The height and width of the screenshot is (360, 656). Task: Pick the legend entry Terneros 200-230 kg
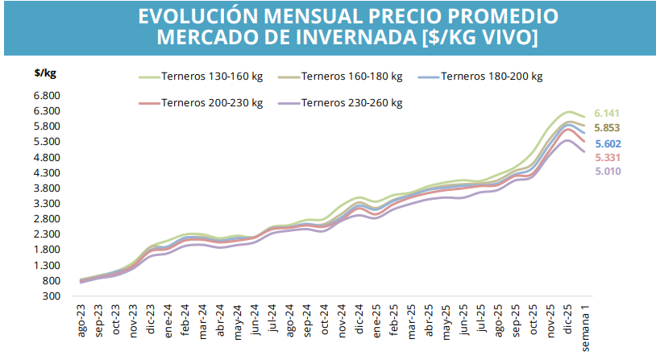(x=212, y=102)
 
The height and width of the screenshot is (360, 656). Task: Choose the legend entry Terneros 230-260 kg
(x=352, y=102)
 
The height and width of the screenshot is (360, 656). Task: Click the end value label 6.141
(x=607, y=114)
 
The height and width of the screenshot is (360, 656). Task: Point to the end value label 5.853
(x=607, y=128)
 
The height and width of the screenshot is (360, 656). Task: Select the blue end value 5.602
(x=607, y=143)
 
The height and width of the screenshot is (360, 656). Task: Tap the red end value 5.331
(x=607, y=157)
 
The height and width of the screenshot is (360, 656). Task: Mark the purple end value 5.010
(x=607, y=171)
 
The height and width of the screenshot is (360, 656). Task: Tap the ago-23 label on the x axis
(x=82, y=321)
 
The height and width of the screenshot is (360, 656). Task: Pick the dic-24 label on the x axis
(x=360, y=321)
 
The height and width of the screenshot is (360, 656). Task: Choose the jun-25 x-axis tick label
(x=464, y=321)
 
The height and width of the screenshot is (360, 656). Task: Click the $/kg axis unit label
(x=45, y=72)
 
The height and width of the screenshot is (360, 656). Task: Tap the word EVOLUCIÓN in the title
(x=204, y=16)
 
